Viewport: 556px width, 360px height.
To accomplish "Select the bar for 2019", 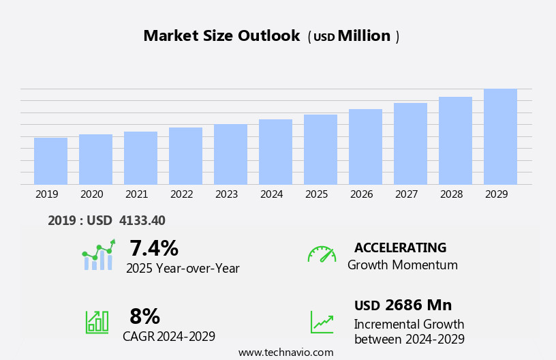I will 50,161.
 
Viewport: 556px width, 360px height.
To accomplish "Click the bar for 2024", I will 275,152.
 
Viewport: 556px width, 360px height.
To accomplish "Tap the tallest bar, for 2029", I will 500,136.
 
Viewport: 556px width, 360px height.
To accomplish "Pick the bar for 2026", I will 365,147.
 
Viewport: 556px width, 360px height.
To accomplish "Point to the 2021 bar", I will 140,158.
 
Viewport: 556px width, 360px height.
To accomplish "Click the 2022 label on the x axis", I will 181,194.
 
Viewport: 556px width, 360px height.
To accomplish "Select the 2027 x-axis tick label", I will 406,194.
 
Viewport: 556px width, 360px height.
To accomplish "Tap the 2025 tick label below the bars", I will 316,194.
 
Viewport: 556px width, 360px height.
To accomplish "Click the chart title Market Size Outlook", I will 221,36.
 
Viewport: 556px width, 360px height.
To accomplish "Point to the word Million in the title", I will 364,36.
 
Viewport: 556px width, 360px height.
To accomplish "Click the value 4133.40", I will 142,220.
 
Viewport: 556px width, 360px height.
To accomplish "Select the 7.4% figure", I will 153,248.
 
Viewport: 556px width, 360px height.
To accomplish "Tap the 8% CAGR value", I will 144,316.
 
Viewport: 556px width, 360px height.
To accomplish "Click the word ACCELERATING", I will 400,247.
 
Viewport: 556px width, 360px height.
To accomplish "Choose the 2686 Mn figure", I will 418,305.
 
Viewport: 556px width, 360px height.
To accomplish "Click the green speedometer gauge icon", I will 322,254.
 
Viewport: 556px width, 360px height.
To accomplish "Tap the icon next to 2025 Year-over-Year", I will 98,255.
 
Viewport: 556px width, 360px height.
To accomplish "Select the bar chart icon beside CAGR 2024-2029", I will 97,321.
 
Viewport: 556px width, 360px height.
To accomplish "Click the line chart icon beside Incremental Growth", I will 322,322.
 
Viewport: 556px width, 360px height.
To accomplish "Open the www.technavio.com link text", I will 285,352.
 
